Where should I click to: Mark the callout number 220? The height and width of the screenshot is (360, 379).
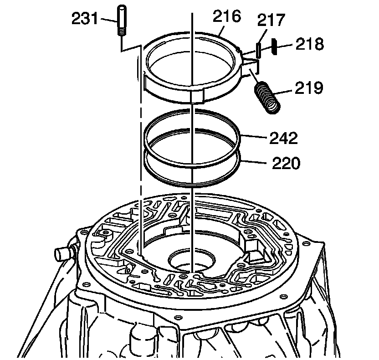[286, 163]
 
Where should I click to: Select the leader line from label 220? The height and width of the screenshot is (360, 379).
[255, 160]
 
